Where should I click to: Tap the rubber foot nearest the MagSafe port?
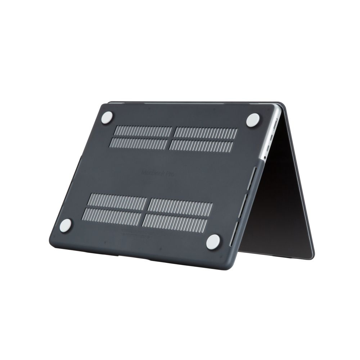(253, 120)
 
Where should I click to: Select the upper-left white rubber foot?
(107, 118)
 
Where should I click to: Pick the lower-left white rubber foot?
(66, 225)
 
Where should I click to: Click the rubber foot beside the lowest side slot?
(213, 242)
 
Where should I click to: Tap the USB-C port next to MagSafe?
(272, 136)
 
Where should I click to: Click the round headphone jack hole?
(265, 157)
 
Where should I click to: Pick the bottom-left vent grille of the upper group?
(139, 143)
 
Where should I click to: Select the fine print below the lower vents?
(137, 232)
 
